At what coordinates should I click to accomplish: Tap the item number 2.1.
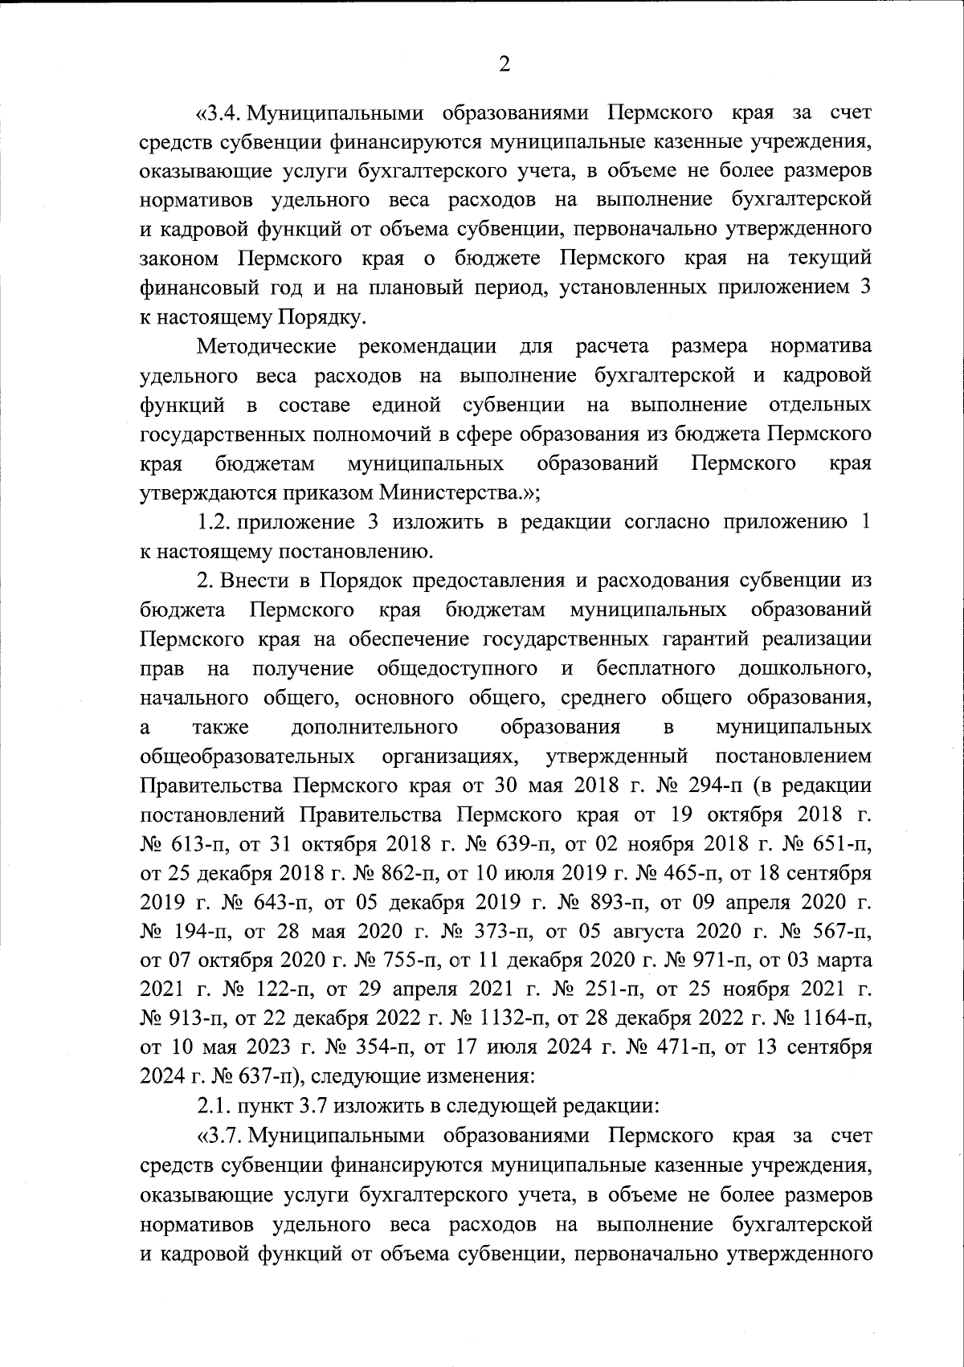coord(214,1106)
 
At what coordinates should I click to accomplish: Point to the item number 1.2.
coord(214,522)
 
